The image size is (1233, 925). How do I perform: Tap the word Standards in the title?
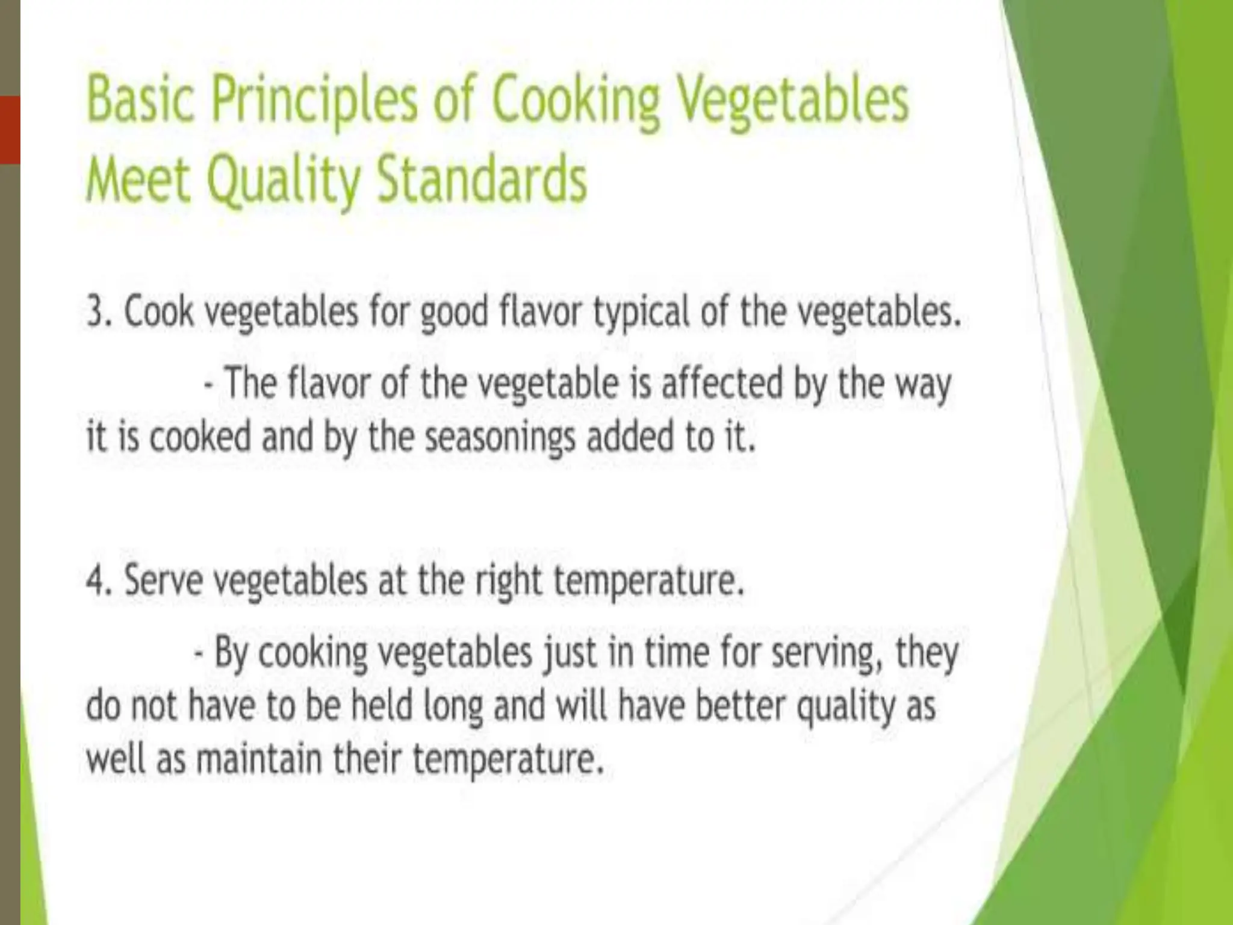pos(481,180)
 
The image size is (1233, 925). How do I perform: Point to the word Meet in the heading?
pos(138,180)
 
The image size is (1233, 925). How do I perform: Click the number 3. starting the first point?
pos(98,313)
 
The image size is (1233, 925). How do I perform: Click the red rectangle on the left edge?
pos(10,129)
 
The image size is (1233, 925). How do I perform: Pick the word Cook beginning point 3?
pos(159,313)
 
